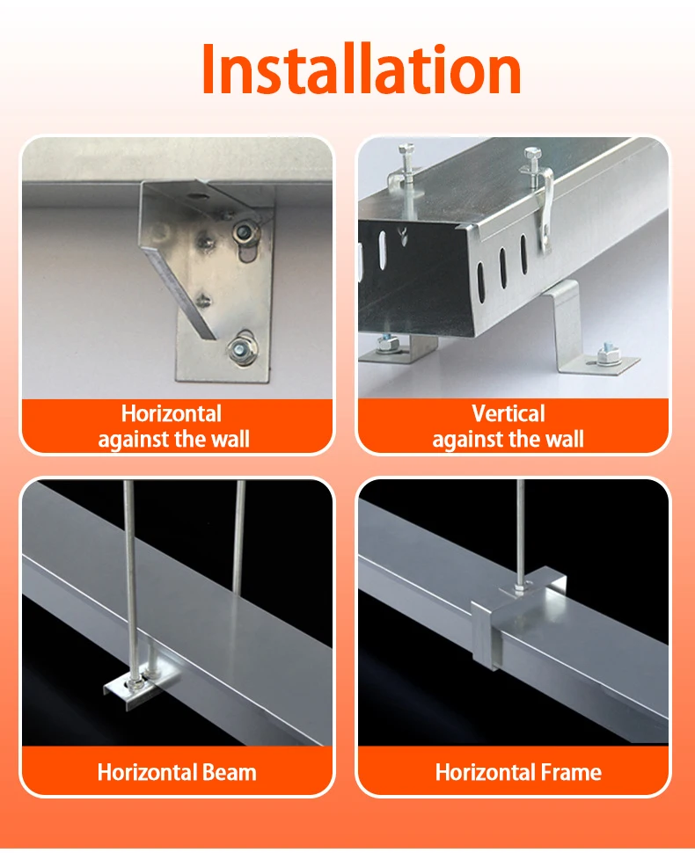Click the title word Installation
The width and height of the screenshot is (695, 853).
pos(361,70)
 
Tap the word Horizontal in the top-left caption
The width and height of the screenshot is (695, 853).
pos(171,413)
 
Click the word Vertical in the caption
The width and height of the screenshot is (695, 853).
pos(508,413)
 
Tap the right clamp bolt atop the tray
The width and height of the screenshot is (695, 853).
pos(532,158)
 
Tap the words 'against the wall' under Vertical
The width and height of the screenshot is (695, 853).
pos(508,439)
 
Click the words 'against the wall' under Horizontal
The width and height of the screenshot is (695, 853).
pos(173,439)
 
